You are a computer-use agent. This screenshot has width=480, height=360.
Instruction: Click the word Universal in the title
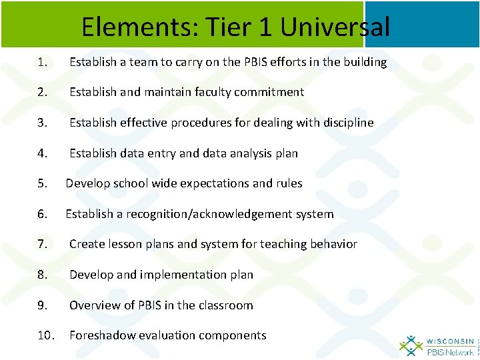tap(335, 27)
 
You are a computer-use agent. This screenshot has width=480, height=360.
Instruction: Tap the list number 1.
tap(42, 62)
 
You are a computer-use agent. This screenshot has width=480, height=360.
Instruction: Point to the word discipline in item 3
tap(343, 123)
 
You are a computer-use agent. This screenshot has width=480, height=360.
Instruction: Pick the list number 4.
tap(42, 153)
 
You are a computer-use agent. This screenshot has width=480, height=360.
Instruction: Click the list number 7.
tap(42, 244)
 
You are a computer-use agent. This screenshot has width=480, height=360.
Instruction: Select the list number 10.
tap(45, 335)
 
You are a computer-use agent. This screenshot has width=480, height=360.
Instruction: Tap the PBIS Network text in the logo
tap(450, 351)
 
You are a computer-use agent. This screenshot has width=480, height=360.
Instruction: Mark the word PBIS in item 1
tap(241, 62)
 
